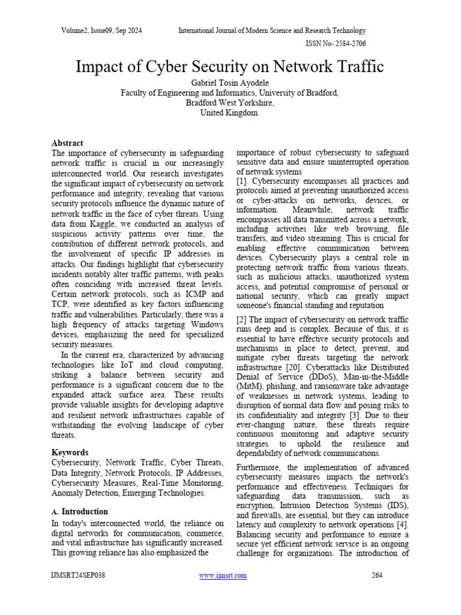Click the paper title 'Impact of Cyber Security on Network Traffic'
(230, 67)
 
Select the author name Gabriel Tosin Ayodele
(230, 82)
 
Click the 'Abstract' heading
(67, 144)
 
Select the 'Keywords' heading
(70, 452)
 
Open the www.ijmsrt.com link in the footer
(222, 575)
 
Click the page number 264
(377, 575)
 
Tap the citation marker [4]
(403, 524)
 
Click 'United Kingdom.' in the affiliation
(230, 113)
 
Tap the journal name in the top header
(272, 31)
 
